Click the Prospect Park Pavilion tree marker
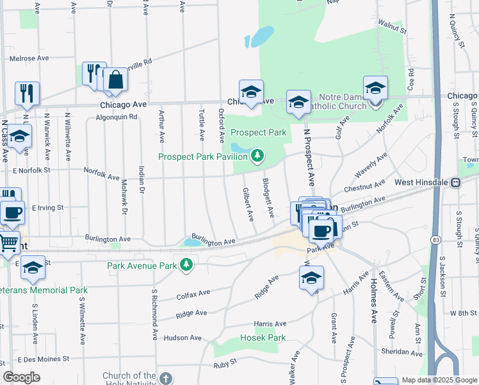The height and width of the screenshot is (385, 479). (x=257, y=155)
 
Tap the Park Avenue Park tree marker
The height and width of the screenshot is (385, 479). (x=186, y=265)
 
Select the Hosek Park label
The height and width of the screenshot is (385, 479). (x=262, y=338)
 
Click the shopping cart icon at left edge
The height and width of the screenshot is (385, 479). (x=7, y=242)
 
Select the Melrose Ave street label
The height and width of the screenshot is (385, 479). (x=29, y=58)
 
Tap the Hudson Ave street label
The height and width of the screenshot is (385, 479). (x=183, y=338)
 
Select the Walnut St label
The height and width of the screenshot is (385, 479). (x=392, y=29)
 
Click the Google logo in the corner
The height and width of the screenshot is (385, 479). (x=22, y=377)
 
